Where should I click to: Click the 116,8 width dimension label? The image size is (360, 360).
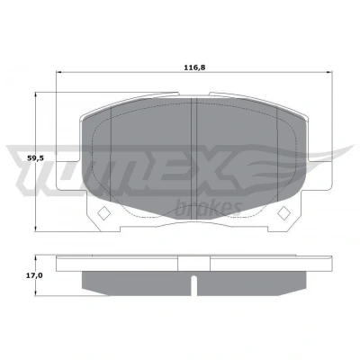194,67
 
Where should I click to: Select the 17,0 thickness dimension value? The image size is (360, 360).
34,275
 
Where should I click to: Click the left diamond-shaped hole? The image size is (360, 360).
104,213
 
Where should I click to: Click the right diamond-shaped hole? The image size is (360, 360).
283,213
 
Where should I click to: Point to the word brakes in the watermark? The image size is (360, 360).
208,208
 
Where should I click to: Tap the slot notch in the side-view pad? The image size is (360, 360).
194,285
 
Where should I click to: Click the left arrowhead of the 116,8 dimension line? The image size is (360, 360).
59,72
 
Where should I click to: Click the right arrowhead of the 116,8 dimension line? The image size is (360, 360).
329,72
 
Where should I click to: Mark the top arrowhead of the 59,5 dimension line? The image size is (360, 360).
36,95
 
